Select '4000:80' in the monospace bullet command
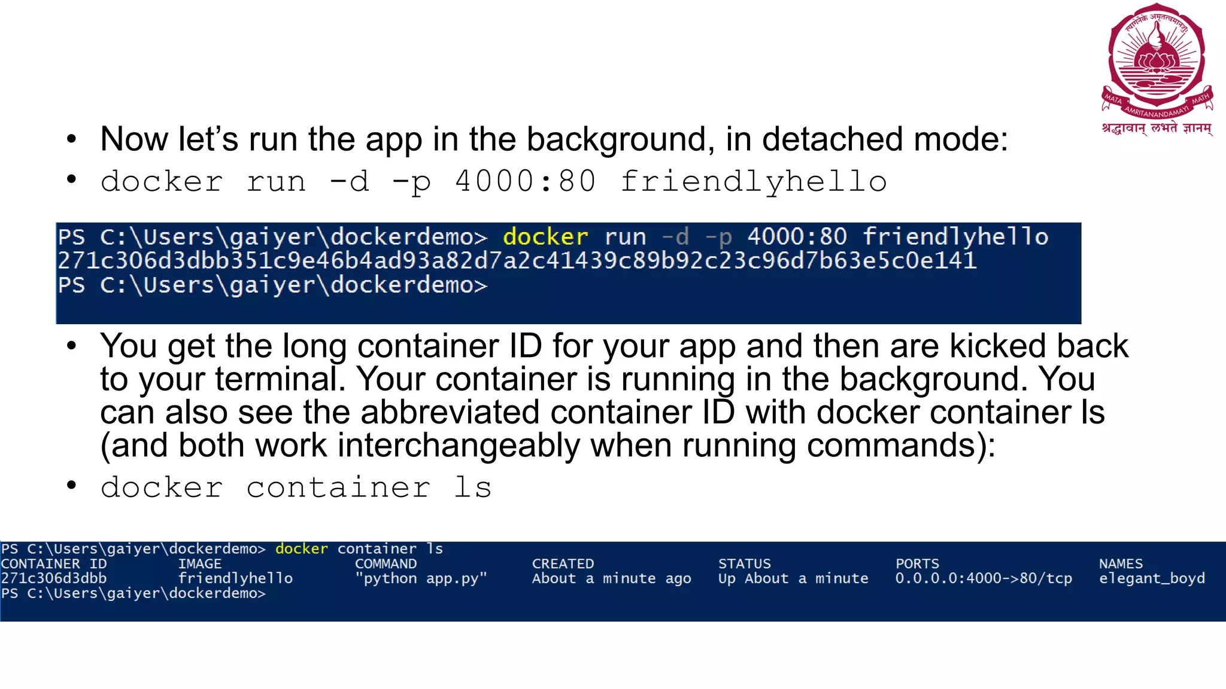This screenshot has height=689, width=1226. [525, 182]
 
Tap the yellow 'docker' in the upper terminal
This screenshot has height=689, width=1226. [545, 237]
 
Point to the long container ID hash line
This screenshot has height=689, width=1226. [517, 261]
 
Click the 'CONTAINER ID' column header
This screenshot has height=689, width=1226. [54, 564]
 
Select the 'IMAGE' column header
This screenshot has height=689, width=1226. [199, 564]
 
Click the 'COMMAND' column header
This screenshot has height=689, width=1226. [386, 564]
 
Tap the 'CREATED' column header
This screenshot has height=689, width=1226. [563, 564]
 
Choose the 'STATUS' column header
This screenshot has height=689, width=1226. [744, 564]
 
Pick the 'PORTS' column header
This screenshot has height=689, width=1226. [917, 564]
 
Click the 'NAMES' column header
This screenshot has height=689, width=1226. [1121, 564]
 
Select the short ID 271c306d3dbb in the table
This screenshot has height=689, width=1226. [54, 578]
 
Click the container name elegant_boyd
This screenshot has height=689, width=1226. [1152, 578]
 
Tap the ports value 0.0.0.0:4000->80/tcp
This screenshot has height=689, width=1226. [984, 578]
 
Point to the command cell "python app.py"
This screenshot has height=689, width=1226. [421, 578]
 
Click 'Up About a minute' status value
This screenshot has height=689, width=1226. [793, 578]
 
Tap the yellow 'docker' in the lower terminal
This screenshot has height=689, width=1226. [301, 549]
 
